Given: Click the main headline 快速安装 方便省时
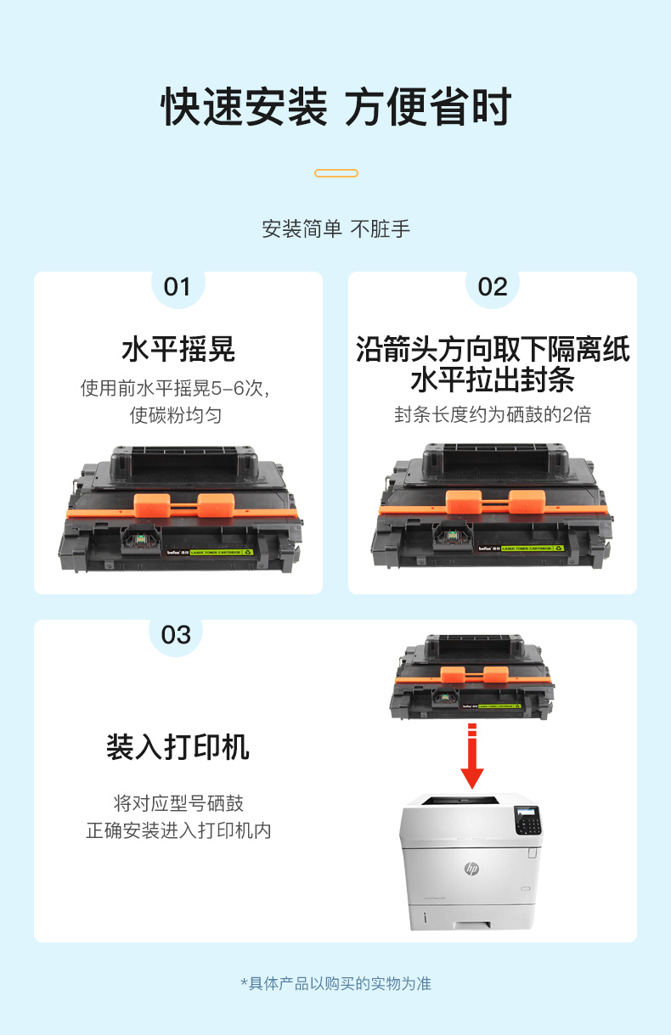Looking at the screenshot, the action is pyautogui.click(x=336, y=107).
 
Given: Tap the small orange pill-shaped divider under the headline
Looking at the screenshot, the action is pyautogui.click(x=336, y=173).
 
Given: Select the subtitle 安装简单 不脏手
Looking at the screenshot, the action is pyautogui.click(x=336, y=229).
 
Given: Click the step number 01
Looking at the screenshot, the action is pyautogui.click(x=177, y=287).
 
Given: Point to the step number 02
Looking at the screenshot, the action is pyautogui.click(x=493, y=287).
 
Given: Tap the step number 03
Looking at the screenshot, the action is pyautogui.click(x=176, y=635).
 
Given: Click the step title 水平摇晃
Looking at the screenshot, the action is pyautogui.click(x=178, y=349).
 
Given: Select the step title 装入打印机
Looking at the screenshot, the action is pyautogui.click(x=178, y=747).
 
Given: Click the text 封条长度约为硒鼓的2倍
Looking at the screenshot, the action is pyautogui.click(x=493, y=414).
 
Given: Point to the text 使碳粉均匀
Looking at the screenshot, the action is pyautogui.click(x=176, y=415).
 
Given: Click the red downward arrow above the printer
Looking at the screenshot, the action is pyautogui.click(x=472, y=756).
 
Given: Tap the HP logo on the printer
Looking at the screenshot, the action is pyautogui.click(x=471, y=869).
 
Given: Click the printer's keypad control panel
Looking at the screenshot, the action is pyautogui.click(x=527, y=820).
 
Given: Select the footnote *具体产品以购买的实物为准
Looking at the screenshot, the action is pyautogui.click(x=336, y=983).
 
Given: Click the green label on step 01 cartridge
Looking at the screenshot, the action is pyautogui.click(x=222, y=552).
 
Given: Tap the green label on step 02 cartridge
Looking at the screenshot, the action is pyautogui.click(x=533, y=548).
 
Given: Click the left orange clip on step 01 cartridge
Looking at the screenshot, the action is pyautogui.click(x=152, y=505).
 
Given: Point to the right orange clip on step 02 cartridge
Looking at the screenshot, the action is pyautogui.click(x=527, y=502).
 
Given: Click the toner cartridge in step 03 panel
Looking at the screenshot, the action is pyautogui.click(x=472, y=677).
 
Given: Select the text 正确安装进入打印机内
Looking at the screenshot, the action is pyautogui.click(x=178, y=830).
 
